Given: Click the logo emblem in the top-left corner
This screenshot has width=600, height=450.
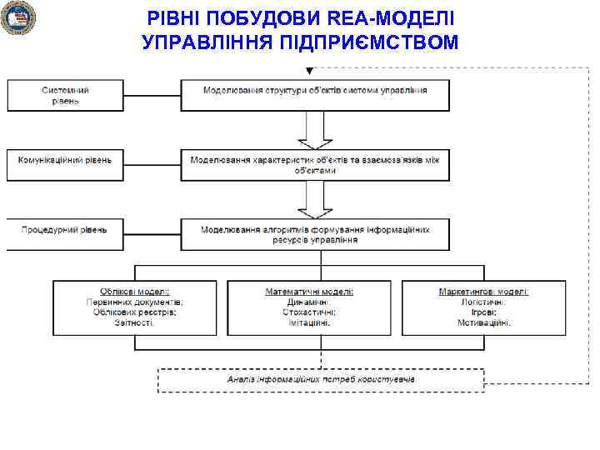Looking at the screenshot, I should click(17, 18).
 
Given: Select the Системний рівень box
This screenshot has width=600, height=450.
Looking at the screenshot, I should click(66, 95).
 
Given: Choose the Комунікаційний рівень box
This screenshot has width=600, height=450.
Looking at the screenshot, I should click(66, 165).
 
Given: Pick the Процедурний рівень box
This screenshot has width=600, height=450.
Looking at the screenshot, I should click(66, 234).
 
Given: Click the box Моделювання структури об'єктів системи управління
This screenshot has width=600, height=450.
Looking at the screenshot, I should click(315, 95).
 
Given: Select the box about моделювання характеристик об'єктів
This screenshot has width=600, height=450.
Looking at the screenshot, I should click(315, 165).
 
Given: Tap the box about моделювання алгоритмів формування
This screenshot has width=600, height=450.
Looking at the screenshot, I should click(315, 234).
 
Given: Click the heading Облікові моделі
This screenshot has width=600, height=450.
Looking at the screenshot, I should click(135, 292).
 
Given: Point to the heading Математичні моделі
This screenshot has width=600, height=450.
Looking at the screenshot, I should click(309, 292).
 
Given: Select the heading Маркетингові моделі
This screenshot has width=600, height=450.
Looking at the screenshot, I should click(483, 292).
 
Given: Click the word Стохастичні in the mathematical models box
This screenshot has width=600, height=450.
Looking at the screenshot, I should click(309, 312).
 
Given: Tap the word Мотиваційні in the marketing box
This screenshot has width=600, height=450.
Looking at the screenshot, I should click(483, 322).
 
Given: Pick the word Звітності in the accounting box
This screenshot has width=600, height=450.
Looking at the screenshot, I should click(135, 322).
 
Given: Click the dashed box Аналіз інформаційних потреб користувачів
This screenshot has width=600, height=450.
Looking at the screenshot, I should click(321, 379).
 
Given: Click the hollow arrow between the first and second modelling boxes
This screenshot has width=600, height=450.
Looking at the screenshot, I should click(315, 130).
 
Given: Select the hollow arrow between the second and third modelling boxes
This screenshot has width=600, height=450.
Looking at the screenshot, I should click(315, 200).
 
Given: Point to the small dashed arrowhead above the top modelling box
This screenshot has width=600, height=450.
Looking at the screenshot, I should click(310, 69).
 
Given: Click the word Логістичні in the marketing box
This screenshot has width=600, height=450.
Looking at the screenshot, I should click(483, 302).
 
